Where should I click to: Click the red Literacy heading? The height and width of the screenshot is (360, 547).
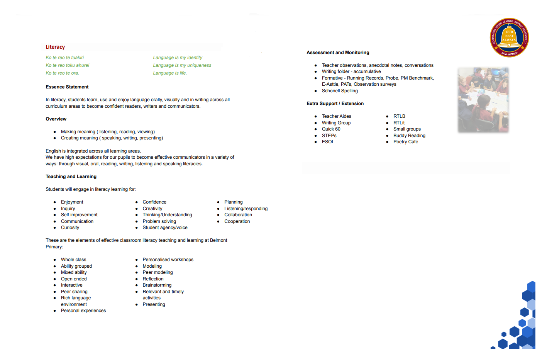tap(55, 47)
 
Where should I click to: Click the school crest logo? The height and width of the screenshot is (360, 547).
tap(509, 37)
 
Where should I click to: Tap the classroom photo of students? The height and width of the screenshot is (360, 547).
tap(483, 100)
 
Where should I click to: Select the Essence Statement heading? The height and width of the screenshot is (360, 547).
tap(67, 87)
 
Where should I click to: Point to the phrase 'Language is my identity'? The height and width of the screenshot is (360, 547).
tap(178, 58)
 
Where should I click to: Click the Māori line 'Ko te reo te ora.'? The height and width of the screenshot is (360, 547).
tap(62, 73)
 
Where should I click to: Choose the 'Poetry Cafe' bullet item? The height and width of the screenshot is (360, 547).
tap(406, 142)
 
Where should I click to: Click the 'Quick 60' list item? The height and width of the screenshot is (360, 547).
tap(331, 129)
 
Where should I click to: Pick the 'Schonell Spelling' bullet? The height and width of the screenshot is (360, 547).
tap(340, 91)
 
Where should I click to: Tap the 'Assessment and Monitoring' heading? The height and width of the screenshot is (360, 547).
tap(338, 53)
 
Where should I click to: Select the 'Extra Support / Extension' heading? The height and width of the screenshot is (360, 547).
tap(335, 104)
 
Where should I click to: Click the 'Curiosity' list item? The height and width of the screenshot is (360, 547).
tap(70, 228)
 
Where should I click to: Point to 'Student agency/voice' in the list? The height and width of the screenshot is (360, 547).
tap(165, 228)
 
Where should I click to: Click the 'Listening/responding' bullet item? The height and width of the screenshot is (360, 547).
tap(246, 209)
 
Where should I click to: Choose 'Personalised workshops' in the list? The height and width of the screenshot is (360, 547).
tap(168, 260)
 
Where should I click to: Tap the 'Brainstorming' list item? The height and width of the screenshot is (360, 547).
tap(157, 285)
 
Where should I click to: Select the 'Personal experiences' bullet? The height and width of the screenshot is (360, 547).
tap(83, 311)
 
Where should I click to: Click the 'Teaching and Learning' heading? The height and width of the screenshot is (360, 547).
tap(71, 177)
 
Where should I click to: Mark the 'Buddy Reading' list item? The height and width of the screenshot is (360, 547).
tap(409, 136)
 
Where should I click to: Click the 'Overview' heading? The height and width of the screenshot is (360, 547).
tap(56, 119)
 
